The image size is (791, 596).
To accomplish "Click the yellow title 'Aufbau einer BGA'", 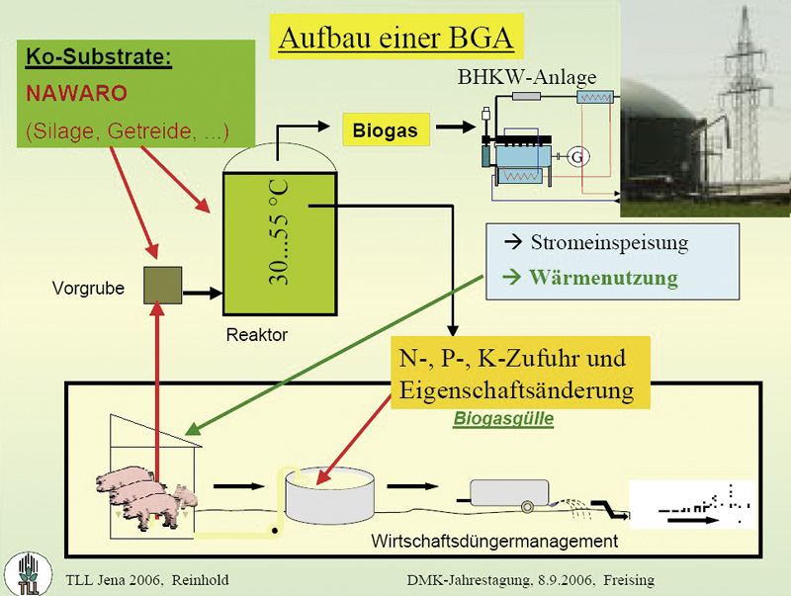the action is (x=396, y=38).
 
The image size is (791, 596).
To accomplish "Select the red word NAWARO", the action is (x=77, y=93).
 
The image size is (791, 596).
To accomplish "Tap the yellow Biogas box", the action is (x=386, y=130).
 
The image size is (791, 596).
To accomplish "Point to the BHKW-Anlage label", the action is (x=527, y=77).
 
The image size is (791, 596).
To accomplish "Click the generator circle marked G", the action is (x=577, y=157).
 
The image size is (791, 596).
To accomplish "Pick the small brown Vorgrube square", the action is (x=163, y=286).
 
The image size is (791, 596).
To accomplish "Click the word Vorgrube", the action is (x=88, y=288).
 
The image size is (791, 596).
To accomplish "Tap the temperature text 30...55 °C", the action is (x=279, y=232).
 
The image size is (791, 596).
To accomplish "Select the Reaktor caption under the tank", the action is (x=257, y=334).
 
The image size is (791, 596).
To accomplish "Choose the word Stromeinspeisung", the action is (x=609, y=242).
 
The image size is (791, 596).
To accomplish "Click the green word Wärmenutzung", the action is (x=603, y=278).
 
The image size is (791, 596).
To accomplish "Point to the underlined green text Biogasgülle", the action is (x=503, y=418).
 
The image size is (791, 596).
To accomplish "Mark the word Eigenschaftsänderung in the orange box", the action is (x=516, y=389).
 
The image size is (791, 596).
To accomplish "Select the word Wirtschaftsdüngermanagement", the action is (x=494, y=541).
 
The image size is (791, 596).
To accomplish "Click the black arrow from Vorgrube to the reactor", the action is (x=203, y=293).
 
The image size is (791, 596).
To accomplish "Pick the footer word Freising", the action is (x=629, y=580).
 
